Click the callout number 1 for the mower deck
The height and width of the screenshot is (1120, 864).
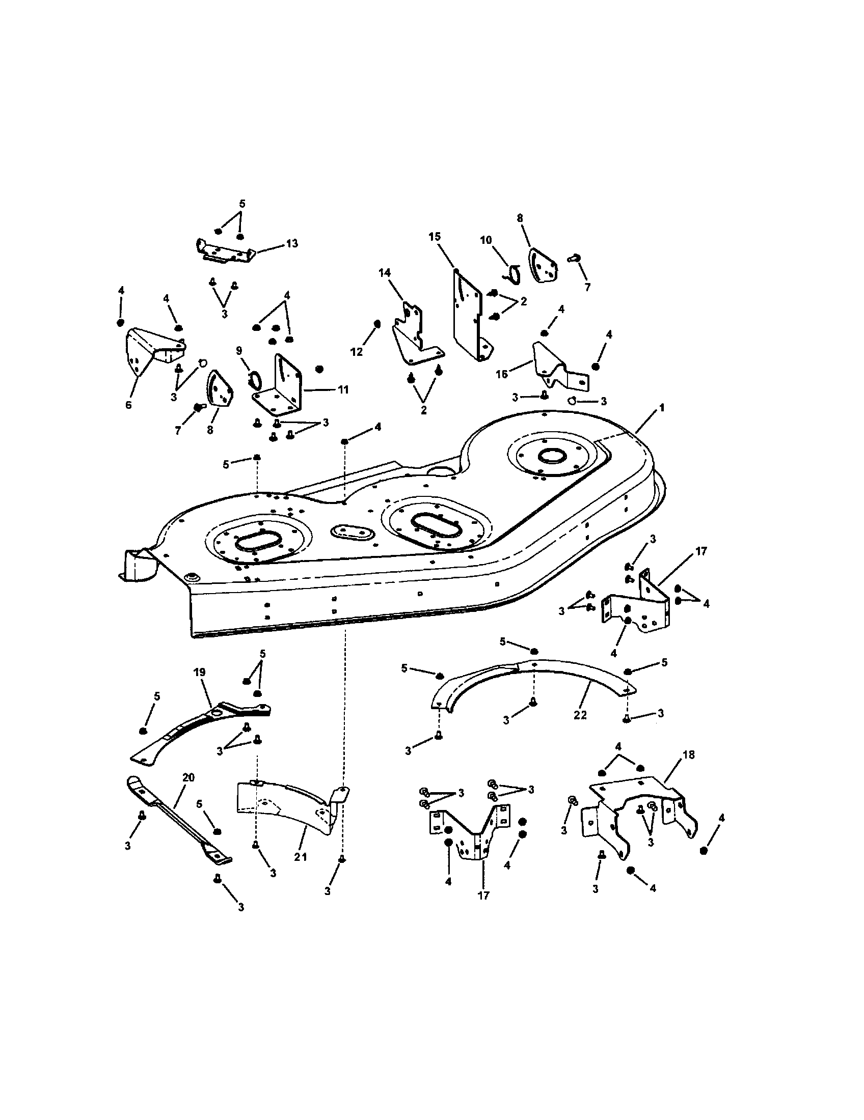pos(662,408)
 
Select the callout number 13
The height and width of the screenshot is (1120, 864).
pos(291,243)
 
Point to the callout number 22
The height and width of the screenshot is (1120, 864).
pos(580,715)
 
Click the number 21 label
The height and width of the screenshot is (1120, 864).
pos(300,857)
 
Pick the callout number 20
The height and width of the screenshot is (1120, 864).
pos(188,777)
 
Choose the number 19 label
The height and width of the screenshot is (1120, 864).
pos(200,686)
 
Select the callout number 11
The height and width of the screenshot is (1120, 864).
pos(343,390)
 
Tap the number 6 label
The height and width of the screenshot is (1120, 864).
pos(128,405)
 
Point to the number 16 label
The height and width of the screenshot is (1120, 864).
pos(501,374)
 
